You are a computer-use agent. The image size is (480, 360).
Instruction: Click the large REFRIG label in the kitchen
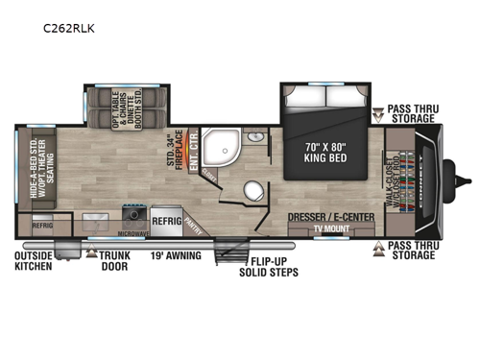pyautogui.click(x=165, y=218)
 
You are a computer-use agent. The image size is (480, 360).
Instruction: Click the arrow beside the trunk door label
pyautogui.click(x=90, y=256)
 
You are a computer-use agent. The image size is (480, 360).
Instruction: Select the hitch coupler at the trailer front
pyautogui.click(x=469, y=180)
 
